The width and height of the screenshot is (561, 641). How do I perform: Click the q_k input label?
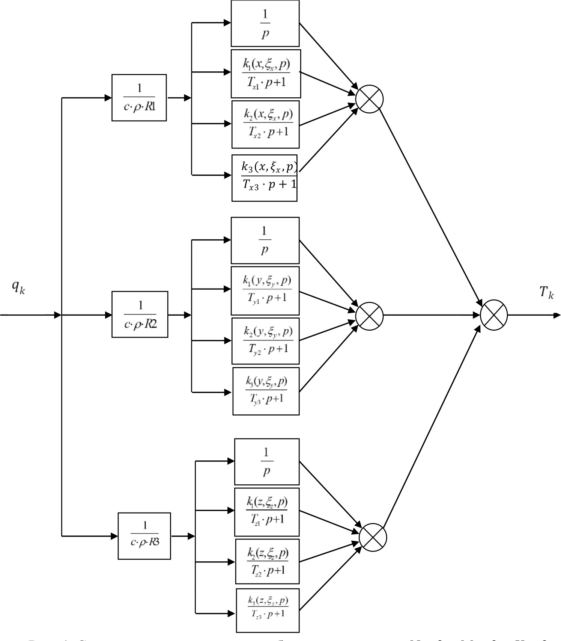click(18, 287)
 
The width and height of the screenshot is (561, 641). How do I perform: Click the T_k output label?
click(546, 292)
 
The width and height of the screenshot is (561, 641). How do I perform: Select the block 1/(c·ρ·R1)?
click(139, 98)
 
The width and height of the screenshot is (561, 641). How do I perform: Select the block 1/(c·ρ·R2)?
click(140, 314)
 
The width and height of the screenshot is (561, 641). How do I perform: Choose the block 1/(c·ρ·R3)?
click(144, 536)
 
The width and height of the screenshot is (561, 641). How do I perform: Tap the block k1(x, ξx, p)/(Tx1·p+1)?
click(266, 74)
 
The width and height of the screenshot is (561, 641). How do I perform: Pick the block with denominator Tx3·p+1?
click(265, 178)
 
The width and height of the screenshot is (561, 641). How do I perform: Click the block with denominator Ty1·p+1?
click(265, 290)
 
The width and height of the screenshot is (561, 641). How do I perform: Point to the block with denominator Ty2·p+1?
click(265, 341)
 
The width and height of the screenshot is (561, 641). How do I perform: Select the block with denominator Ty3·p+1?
click(266, 391)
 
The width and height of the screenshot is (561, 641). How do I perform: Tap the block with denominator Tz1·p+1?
click(267, 512)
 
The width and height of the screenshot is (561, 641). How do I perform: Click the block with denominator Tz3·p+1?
click(268, 610)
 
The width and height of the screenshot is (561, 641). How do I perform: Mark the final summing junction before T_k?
click(494, 315)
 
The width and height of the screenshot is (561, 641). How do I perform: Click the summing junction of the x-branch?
click(369, 99)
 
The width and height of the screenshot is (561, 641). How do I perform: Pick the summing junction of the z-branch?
click(373, 538)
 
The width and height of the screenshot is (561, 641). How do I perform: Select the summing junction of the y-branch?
click(369, 315)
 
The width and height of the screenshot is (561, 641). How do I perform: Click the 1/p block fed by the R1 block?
click(265, 23)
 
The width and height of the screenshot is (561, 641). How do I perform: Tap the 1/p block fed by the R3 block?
click(267, 461)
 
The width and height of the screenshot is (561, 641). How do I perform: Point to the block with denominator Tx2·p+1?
click(265, 124)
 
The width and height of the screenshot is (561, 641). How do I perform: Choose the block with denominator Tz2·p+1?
click(267, 561)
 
